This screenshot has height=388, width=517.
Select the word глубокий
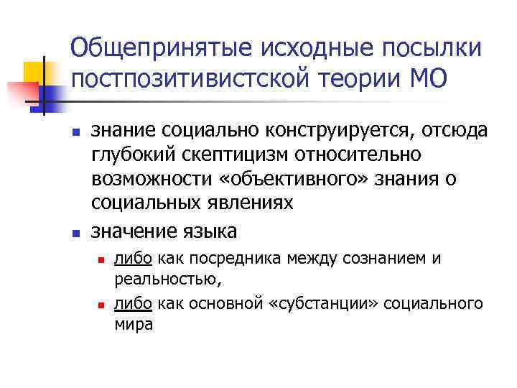[126, 155]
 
